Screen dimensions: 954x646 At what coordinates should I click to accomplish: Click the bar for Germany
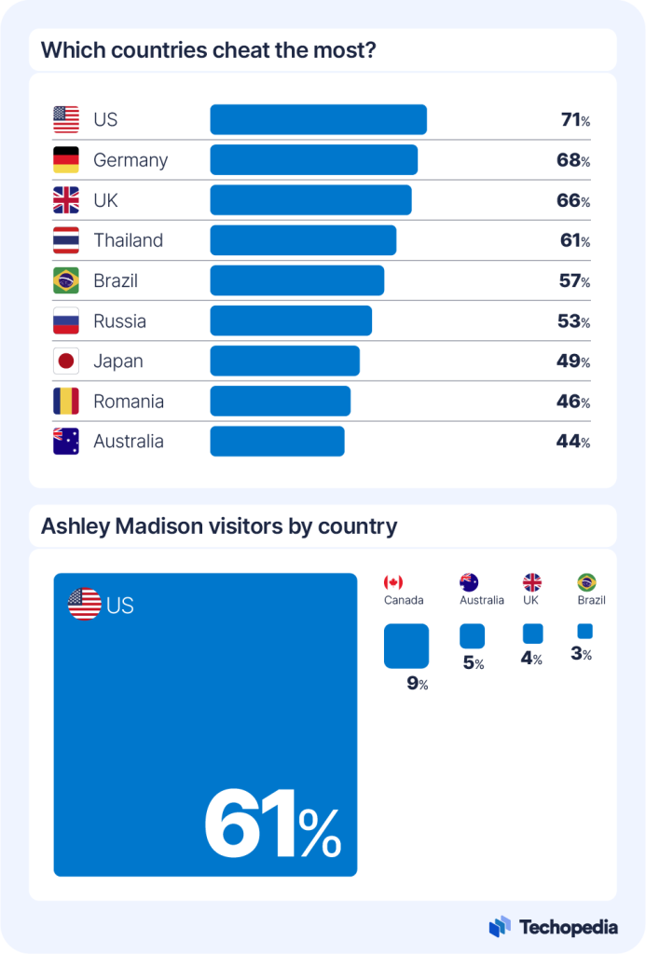point(313,160)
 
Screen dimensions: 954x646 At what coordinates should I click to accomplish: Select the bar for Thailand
point(303,240)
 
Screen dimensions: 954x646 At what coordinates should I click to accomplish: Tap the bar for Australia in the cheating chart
point(277,442)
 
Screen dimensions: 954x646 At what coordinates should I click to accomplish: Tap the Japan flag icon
point(66,361)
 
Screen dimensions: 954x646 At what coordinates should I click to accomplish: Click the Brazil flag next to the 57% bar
point(66,280)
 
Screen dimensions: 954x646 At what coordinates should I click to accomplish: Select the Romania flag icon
point(66,402)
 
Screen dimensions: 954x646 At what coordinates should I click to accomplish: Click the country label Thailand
point(128,240)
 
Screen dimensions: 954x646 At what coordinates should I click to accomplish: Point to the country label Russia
point(119,321)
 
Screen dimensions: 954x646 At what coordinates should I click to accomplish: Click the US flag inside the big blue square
point(85,605)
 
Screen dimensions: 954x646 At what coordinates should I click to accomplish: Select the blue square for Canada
point(406,647)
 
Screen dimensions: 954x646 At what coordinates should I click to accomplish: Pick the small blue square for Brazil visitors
point(584,632)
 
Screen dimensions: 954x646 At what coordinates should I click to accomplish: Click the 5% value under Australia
point(472,664)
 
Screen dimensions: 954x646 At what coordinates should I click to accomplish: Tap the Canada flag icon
point(393,582)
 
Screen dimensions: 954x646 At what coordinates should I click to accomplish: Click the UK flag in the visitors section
point(531,582)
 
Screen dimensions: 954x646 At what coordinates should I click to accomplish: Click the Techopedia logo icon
point(500,926)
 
